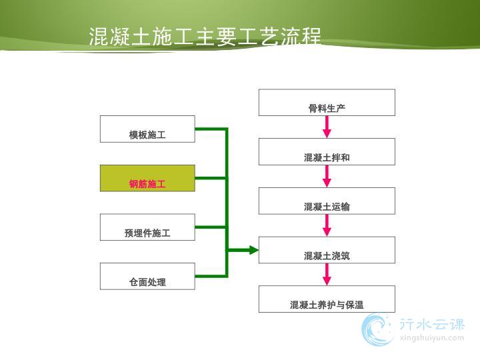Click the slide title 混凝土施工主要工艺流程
(205, 37)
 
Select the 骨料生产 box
(327, 103)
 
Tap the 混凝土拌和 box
(327, 152)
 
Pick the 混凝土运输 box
(327, 201)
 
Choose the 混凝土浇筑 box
(327, 250)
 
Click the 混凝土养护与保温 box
(327, 299)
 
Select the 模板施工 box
(147, 129)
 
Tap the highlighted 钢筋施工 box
(147, 178)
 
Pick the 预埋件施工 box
(147, 227)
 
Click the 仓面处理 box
(147, 276)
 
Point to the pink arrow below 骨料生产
(327, 127)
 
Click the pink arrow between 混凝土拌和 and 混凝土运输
(327, 176)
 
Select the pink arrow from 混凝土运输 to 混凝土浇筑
(327, 225)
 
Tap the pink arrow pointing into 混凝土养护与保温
(327, 275)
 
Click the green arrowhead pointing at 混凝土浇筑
(254, 250)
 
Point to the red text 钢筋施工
(147, 184)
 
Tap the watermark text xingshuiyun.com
(432, 338)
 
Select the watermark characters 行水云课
(432, 324)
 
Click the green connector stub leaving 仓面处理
(211, 276)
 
